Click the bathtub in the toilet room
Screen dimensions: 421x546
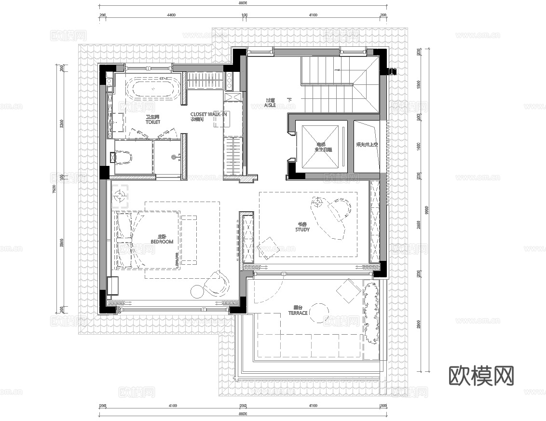[153, 89]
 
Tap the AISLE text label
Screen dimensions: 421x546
[270, 103]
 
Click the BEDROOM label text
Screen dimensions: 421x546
[162, 240]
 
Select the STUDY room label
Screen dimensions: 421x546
[302, 227]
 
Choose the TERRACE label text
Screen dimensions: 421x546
[298, 310]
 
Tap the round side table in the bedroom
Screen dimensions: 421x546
[198, 291]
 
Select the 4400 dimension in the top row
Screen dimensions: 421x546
[171, 15]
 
